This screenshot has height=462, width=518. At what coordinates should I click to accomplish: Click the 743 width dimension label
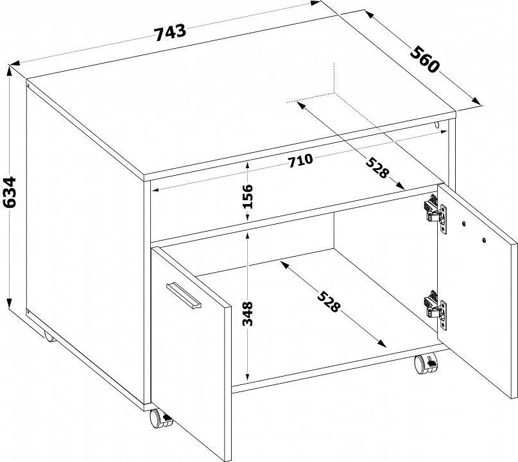[x=171, y=33]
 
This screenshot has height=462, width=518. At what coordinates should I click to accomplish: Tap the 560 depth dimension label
[x=425, y=60]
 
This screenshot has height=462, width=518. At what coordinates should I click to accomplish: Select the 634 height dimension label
[x=10, y=193]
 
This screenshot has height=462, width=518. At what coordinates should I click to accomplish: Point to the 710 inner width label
[x=300, y=161]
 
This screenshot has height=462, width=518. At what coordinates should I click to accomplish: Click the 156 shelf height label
[x=247, y=196]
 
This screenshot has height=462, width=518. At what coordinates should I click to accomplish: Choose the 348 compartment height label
[x=247, y=313]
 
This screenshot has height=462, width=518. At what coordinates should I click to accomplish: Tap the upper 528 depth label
[x=378, y=167]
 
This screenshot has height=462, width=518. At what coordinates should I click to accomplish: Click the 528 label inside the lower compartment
[x=329, y=301]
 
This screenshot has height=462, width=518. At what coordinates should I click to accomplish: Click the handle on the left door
[x=184, y=296]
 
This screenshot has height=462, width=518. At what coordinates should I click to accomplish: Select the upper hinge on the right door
[x=436, y=214]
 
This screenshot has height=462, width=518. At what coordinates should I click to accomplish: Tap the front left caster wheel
[x=160, y=419]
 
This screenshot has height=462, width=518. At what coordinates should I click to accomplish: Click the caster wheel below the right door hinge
[x=426, y=364]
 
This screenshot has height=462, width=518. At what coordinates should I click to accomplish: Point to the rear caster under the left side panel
[x=49, y=336]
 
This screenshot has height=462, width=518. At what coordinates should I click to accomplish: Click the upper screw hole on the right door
[x=464, y=224]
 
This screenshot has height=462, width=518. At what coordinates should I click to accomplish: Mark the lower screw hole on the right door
[x=484, y=240]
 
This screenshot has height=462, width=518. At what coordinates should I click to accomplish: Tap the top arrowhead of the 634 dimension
[x=10, y=71]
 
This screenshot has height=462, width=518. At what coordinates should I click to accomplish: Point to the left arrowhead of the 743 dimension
[x=15, y=63]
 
